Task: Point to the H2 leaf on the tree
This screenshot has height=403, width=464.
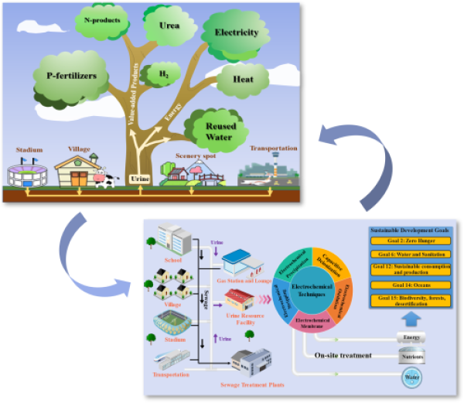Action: (163, 73)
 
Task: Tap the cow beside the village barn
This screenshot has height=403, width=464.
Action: (105, 179)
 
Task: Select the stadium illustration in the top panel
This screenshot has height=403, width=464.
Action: (29, 172)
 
